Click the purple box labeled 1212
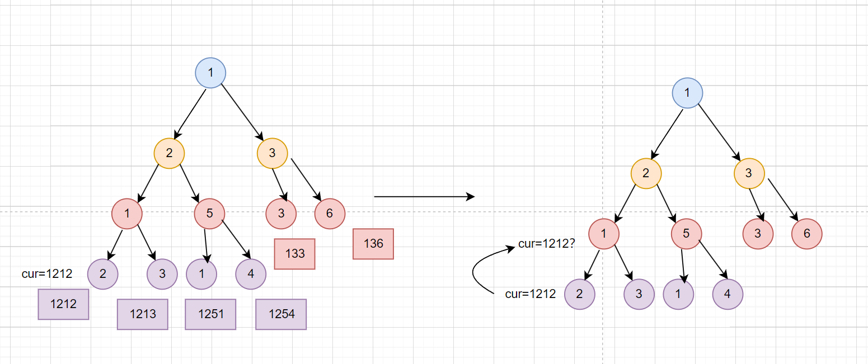(x=63, y=304)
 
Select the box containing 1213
(x=143, y=314)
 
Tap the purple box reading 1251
(x=210, y=314)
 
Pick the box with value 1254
(x=281, y=314)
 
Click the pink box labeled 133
(x=294, y=254)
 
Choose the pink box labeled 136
(x=373, y=244)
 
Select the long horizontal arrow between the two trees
(x=424, y=197)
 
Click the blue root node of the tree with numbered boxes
(x=210, y=73)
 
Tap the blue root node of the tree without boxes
(x=687, y=93)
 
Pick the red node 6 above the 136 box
(x=330, y=214)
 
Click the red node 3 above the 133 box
(x=281, y=214)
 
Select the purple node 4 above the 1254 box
(x=251, y=274)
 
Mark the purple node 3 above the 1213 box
(x=162, y=274)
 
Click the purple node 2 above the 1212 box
(x=103, y=274)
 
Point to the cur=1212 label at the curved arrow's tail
(x=530, y=294)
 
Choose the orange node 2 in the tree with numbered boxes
(x=170, y=153)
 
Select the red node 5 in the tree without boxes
(x=686, y=234)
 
